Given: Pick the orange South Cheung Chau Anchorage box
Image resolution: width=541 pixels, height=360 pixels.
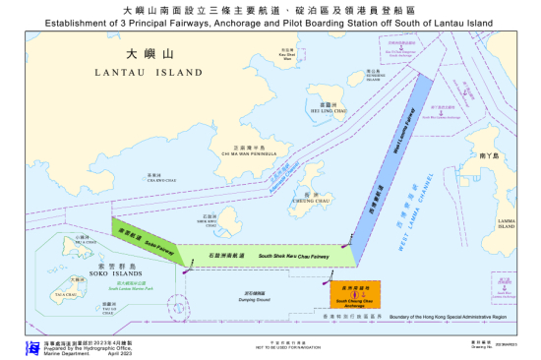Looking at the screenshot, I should tap(356, 292).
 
